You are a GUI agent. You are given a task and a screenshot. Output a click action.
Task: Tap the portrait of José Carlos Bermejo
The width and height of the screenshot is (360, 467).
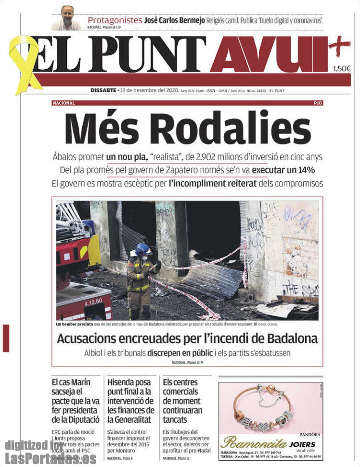[66, 18]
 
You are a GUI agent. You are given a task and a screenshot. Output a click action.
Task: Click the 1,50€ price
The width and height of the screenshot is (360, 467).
[341, 68]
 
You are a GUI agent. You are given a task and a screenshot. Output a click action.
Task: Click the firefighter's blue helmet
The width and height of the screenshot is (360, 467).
[142, 249]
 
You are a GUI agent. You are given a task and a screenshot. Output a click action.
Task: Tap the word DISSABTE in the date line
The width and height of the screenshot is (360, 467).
[103, 90]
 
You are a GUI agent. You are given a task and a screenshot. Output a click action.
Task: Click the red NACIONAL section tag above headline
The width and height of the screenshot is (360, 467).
[64, 103]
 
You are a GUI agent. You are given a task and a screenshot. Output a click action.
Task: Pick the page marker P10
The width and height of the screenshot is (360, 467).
[318, 103]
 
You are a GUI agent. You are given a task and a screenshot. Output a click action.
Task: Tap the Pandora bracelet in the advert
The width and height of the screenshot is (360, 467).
[263, 406]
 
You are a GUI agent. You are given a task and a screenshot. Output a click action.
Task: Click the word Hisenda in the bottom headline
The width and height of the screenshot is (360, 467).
[121, 382]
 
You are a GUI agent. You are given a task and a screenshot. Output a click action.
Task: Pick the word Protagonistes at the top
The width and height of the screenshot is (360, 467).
[115, 20]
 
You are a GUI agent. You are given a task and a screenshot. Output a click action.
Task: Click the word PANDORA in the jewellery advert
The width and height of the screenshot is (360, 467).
[310, 434]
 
